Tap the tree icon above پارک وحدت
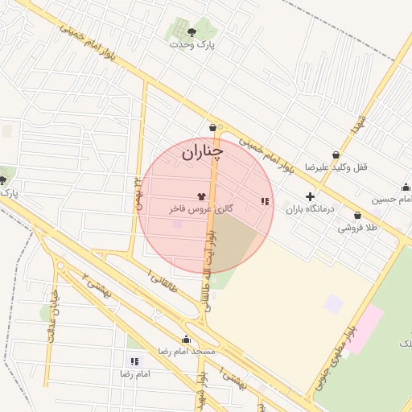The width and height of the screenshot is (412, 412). coord(192,32)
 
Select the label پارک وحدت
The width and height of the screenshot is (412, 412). coord(192,44)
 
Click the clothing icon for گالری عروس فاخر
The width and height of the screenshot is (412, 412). coord(201,196)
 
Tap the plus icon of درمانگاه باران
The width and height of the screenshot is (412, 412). coord(310,196)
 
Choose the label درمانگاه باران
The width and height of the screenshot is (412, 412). coord(311,208)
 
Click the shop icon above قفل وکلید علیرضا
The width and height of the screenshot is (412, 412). coord(336,155)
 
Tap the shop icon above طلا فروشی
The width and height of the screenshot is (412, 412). coord(356,216)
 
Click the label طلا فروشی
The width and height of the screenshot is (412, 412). coord(357,229)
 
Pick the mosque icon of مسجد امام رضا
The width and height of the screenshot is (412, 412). coord(187,340)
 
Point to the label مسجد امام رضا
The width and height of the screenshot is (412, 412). coord(186,352)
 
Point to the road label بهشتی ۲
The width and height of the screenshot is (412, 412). coord(100,287)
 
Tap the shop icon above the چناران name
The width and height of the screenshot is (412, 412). coord(213,127)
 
